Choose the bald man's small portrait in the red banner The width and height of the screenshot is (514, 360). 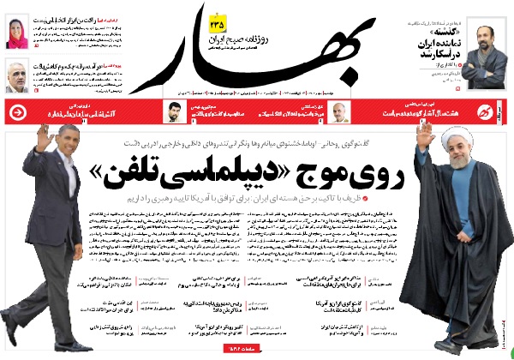[338, 112]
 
